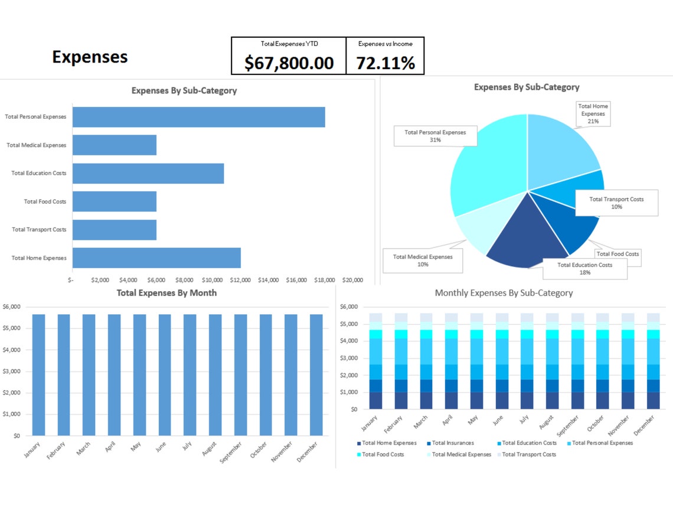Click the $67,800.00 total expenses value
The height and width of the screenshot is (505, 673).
289,63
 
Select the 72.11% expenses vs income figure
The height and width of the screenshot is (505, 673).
385,63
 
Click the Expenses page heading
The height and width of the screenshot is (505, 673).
90,57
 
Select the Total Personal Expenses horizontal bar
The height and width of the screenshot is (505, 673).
198,117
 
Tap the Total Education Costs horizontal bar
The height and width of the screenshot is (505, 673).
148,173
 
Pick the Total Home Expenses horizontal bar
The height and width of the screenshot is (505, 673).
156,258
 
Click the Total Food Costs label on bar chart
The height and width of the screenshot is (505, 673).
45,201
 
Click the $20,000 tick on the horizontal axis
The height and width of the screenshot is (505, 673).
352,280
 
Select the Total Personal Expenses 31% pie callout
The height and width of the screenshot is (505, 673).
435,136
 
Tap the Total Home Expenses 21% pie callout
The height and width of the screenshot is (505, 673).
593,113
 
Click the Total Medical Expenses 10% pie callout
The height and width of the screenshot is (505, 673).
423,260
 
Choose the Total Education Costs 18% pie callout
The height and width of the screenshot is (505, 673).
584,269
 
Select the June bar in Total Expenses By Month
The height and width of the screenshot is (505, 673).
165,375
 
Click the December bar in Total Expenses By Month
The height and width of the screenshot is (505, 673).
316,375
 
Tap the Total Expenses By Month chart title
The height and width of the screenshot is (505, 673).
166,293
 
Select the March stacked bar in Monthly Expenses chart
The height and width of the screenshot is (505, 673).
426,361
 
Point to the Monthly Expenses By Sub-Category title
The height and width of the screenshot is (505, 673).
504,293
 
